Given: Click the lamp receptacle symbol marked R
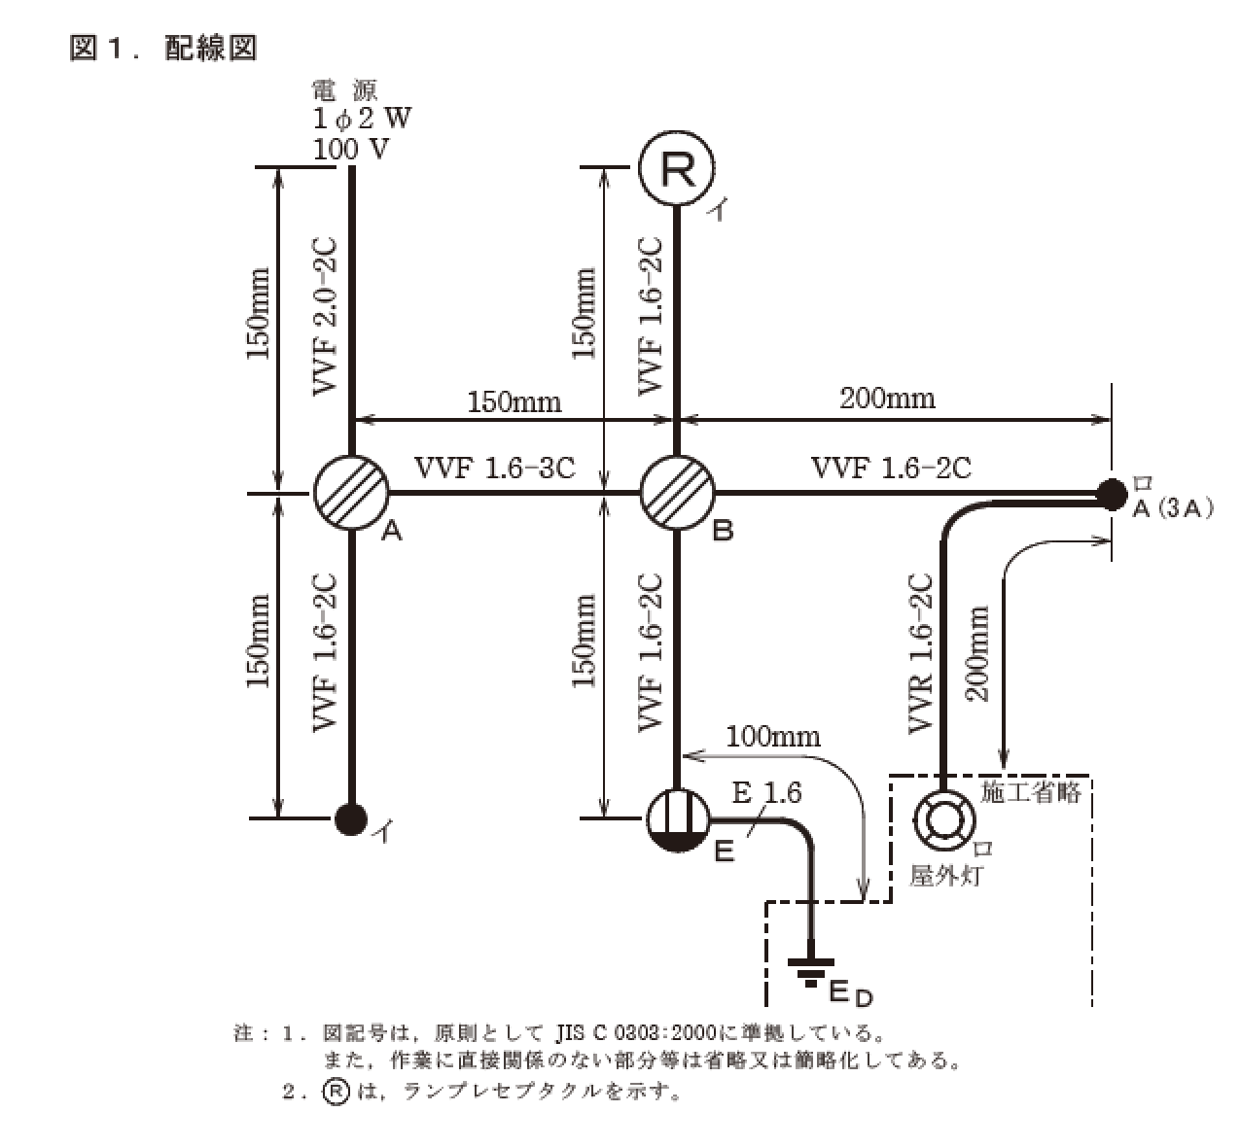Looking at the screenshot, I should pyautogui.click(x=677, y=169).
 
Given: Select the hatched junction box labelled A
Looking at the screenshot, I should pyautogui.click(x=351, y=493).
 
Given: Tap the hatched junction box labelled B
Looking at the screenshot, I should pyautogui.click(x=677, y=493).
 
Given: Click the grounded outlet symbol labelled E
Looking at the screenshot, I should pyautogui.click(x=677, y=818).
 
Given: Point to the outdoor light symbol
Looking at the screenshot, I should pyautogui.click(x=940, y=818).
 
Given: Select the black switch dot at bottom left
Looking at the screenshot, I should pyautogui.click(x=350, y=818).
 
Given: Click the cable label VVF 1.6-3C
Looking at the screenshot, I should pyautogui.click(x=495, y=468).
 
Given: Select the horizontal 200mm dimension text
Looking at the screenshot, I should pyautogui.click(x=889, y=397).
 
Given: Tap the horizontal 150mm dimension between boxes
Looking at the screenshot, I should pyautogui.click(x=514, y=400).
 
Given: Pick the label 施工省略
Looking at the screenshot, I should pyautogui.click(x=1031, y=792).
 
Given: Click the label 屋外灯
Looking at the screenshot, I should pyautogui.click(x=945, y=876).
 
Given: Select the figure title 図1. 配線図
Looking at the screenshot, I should pyautogui.click(x=163, y=48).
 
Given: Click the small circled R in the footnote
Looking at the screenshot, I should pyautogui.click(x=335, y=1091).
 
